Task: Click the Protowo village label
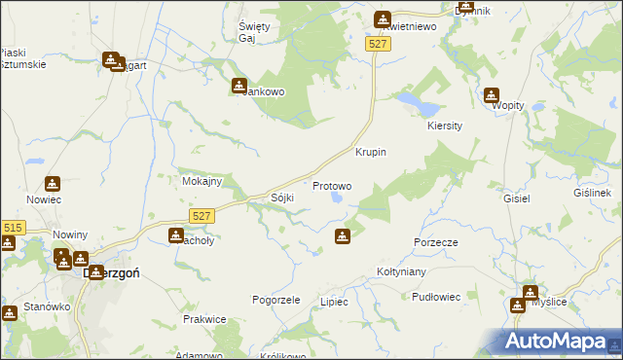331,186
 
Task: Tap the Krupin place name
371,153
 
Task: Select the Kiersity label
444,126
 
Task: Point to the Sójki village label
282,198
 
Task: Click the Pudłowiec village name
435,296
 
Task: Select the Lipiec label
334,302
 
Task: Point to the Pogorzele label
275,300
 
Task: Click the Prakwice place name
204,319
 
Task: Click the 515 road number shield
12,228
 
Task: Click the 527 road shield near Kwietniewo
379,45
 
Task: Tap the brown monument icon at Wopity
492,95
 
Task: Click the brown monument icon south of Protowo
343,235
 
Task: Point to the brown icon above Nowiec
53,183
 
